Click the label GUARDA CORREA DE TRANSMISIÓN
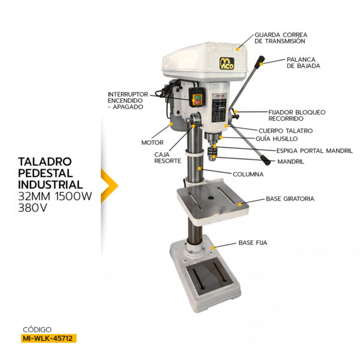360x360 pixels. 280,38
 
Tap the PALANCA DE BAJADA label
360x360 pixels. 304,62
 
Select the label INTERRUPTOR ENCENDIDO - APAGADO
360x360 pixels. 126,100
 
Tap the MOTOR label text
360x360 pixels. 152,143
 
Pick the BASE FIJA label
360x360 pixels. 253,243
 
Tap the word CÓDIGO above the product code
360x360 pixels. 37,329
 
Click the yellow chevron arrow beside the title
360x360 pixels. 109,184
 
